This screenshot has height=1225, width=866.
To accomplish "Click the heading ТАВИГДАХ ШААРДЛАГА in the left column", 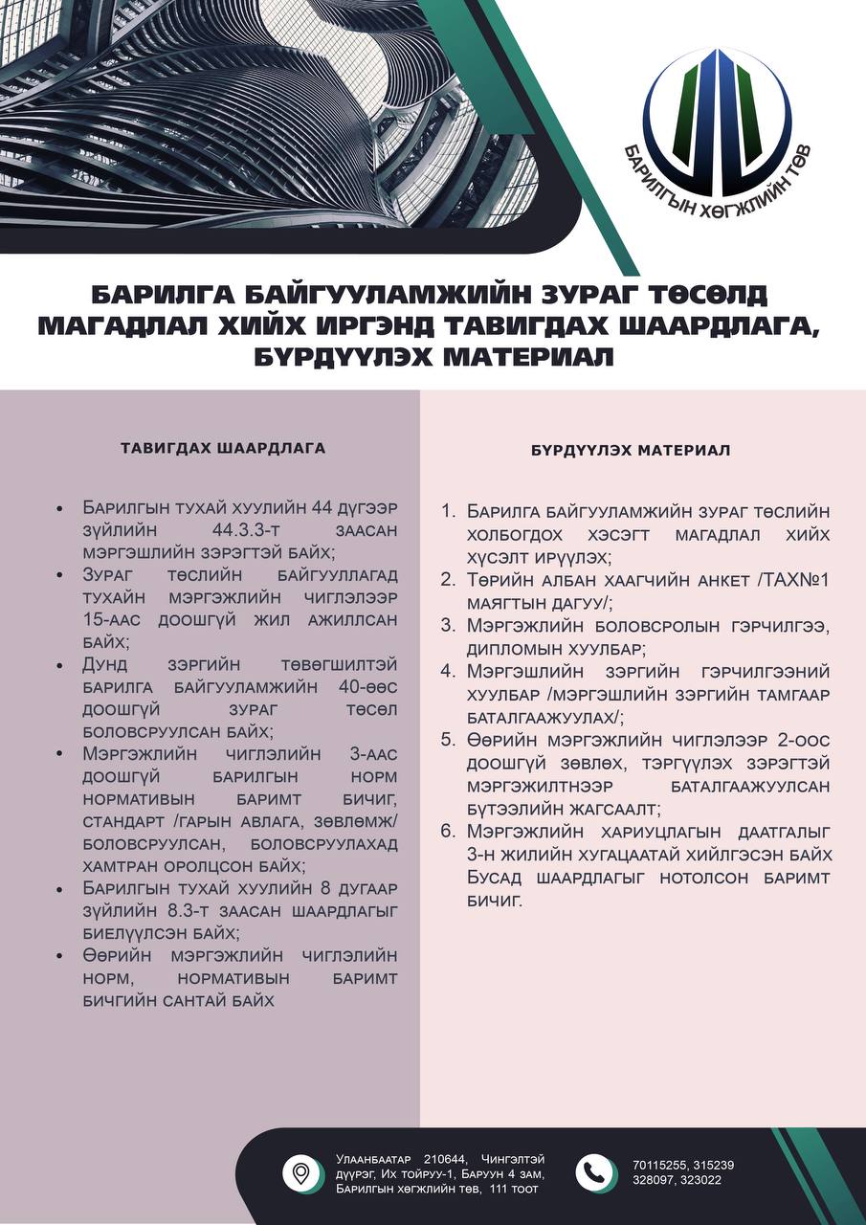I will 223,447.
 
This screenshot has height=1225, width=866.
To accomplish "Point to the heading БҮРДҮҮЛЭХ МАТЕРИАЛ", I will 631,450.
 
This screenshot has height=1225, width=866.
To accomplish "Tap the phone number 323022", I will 701,1180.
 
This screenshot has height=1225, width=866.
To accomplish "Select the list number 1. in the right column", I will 449,512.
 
